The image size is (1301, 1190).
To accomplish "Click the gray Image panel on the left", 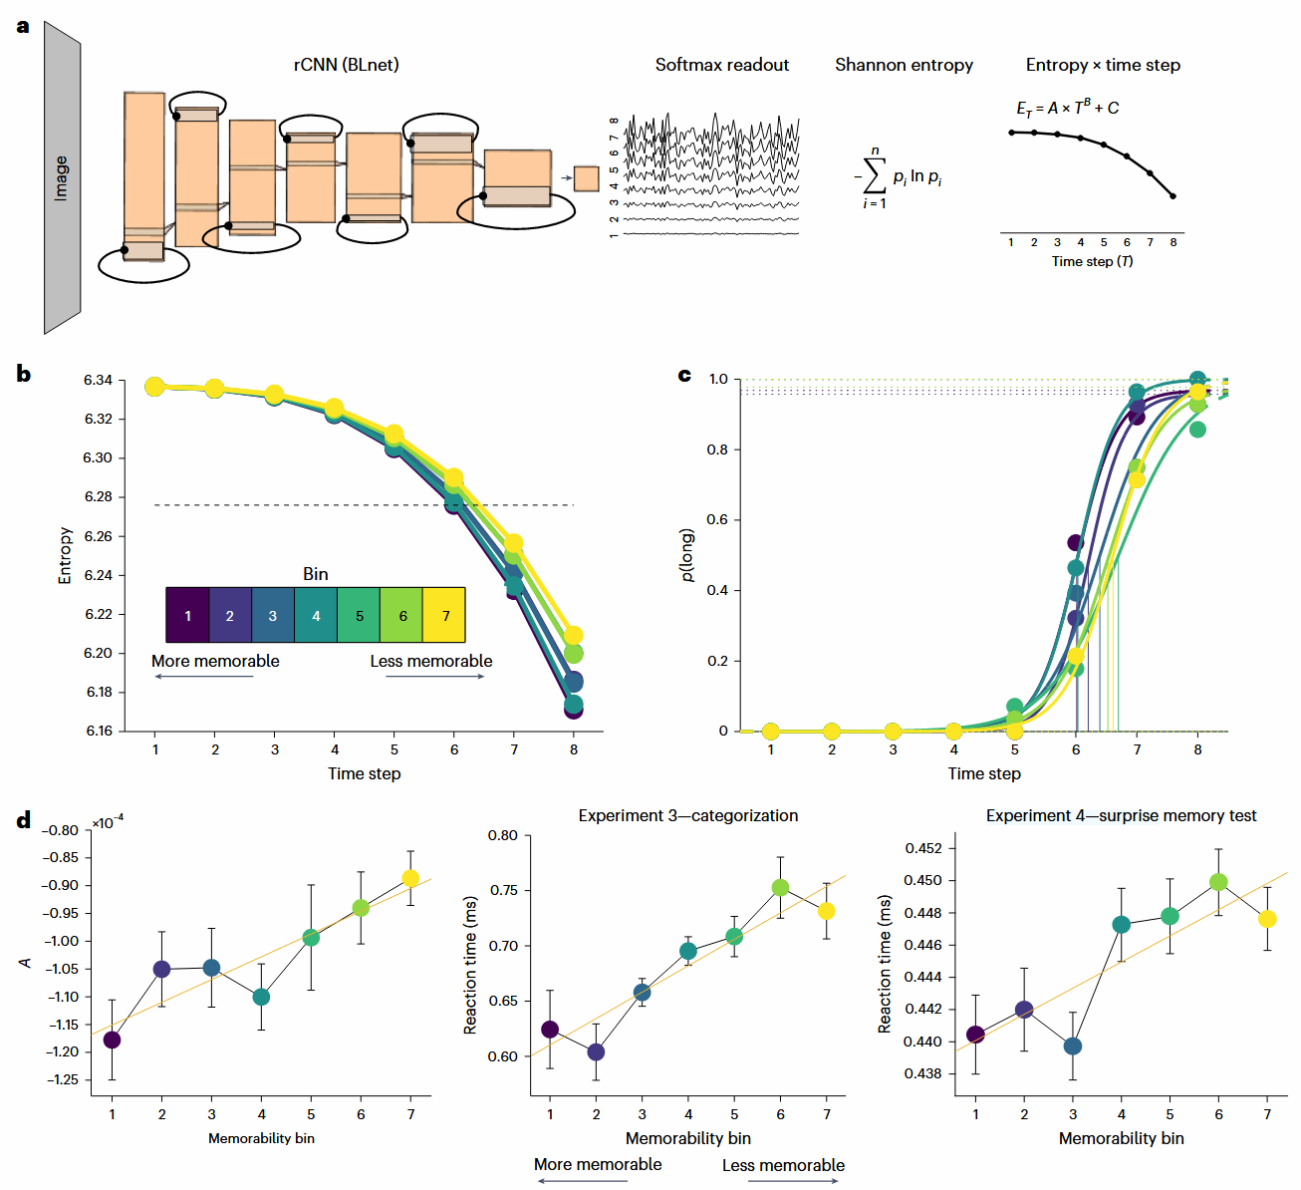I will (62, 178).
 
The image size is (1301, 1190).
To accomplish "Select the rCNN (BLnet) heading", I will (346, 65).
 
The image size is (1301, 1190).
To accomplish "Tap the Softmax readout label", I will (721, 65).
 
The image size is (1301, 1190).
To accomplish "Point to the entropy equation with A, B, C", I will (1067, 108).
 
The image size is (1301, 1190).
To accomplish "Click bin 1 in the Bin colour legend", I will (187, 615).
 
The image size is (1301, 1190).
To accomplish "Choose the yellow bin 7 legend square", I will (445, 615).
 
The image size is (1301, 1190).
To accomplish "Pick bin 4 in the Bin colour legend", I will (316, 615).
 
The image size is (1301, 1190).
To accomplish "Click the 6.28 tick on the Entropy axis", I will (98, 497).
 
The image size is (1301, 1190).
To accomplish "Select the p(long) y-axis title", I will (687, 555).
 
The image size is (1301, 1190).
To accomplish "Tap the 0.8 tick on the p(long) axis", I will (717, 449).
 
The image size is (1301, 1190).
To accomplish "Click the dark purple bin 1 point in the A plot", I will (113, 1040).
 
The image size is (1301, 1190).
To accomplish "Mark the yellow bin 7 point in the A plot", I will (410, 878).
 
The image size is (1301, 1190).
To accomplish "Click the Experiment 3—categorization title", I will (688, 815).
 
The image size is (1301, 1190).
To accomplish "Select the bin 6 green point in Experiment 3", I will (780, 887).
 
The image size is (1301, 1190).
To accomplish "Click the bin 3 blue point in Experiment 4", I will (1073, 1046).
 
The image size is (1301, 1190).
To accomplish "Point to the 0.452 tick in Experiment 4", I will (922, 848).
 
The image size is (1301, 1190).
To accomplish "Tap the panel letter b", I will (23, 375).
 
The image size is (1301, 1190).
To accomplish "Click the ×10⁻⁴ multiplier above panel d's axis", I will (108, 822).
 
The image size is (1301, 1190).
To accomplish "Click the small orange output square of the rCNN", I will (586, 178).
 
